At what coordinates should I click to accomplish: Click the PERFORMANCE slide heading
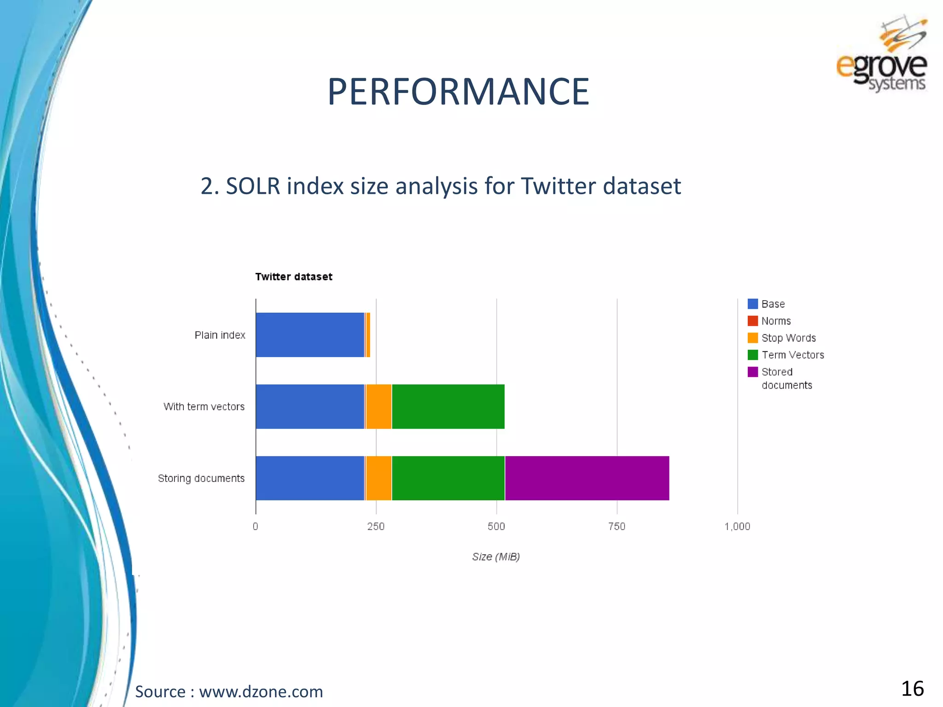458,92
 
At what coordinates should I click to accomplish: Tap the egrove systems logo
881,55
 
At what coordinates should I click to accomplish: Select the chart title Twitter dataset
294,277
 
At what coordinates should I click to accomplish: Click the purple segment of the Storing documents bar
587,478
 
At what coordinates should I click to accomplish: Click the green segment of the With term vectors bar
448,406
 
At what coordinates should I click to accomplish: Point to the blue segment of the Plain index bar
309,335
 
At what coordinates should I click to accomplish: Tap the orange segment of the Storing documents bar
378,478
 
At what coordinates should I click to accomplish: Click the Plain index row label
220,335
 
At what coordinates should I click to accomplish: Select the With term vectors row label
204,406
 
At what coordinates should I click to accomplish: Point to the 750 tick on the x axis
617,526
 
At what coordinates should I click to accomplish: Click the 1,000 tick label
737,526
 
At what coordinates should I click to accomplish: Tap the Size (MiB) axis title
495,556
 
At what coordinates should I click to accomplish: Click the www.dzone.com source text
261,691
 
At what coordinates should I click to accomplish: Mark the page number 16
912,689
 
